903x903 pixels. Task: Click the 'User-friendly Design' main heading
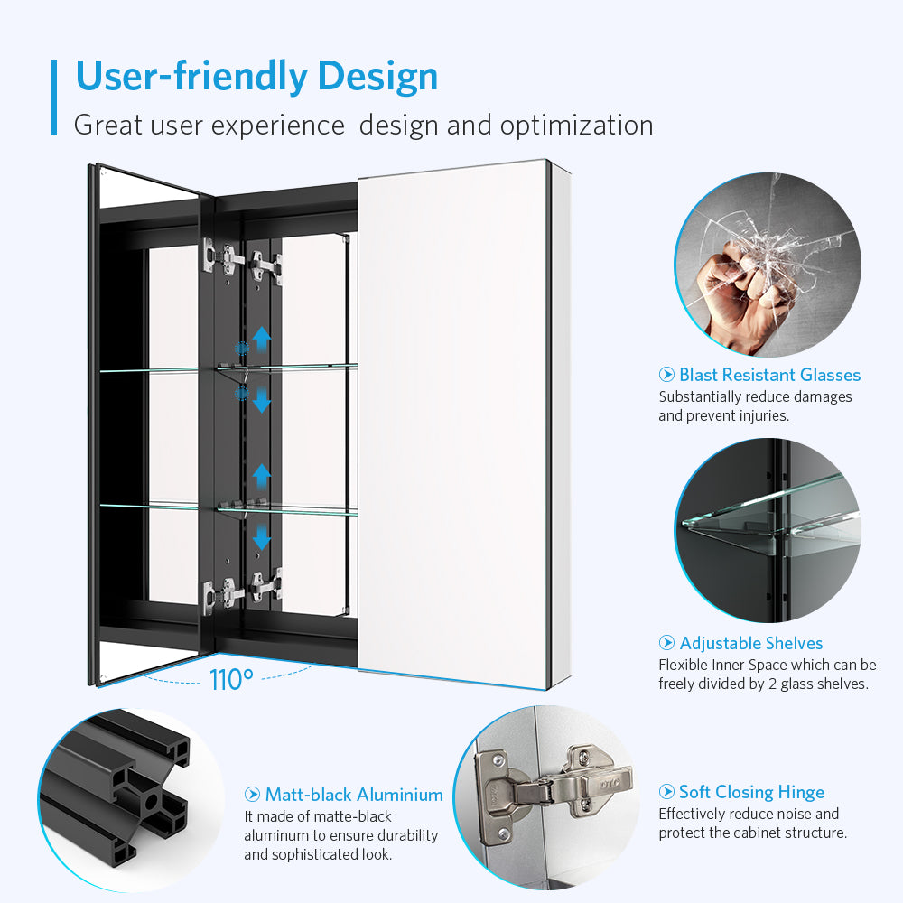(256, 77)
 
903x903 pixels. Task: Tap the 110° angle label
(231, 680)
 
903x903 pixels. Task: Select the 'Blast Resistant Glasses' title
(770, 375)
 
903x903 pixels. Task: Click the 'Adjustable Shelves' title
(751, 643)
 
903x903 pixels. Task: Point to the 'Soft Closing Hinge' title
(751, 793)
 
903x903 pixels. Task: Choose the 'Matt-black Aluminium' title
(354, 795)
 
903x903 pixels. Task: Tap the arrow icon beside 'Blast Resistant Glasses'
(666, 375)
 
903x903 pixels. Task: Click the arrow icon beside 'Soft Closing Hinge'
(666, 792)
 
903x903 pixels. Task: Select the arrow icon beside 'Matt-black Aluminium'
(252, 795)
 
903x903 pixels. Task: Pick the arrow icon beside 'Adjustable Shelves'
(666, 643)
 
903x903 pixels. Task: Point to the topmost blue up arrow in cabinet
(262, 339)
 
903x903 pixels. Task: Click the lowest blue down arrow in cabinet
(262, 536)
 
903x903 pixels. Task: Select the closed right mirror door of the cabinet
(452, 424)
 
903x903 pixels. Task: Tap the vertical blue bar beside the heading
(54, 98)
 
